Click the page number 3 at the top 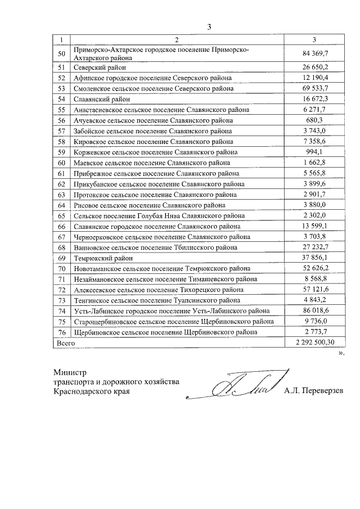tap(209, 26)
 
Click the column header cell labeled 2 tap(176, 39)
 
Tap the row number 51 tap(62, 67)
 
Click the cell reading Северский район tap(101, 67)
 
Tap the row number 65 tap(62, 215)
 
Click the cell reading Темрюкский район tap(103, 258)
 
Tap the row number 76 tap(62, 332)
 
